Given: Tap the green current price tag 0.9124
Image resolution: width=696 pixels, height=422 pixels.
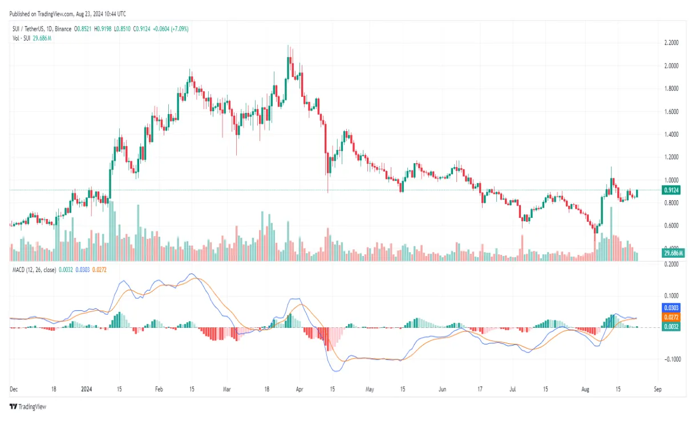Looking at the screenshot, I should coord(671,190).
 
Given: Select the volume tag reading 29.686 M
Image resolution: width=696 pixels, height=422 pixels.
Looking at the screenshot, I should coord(673,253).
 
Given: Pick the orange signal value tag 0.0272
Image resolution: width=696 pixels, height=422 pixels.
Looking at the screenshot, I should coord(671,316).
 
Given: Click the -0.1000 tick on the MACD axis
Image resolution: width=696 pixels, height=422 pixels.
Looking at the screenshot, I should coord(671,359).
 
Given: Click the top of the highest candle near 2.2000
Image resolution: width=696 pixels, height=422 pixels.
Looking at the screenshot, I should coord(289,46).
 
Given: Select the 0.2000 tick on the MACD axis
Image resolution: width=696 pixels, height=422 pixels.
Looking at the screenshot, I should coord(671,265).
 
